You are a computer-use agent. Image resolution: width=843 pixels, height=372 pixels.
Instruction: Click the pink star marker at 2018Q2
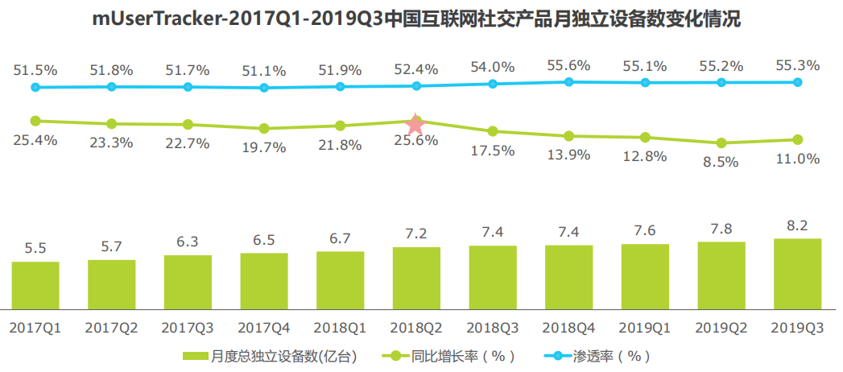[415, 125]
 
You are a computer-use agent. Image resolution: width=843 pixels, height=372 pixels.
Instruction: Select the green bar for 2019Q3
[797, 274]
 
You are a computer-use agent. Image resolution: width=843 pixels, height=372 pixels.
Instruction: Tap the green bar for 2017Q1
[35, 285]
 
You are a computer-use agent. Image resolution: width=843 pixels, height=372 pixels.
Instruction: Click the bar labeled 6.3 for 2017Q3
[188, 282]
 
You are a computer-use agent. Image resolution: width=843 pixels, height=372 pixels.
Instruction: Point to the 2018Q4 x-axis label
[569, 329]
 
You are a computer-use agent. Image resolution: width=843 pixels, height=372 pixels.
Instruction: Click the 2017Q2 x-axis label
[111, 329]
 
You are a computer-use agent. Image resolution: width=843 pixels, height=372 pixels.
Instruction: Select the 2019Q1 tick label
[645, 329]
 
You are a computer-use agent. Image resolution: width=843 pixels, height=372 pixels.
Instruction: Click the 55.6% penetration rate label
[568, 65]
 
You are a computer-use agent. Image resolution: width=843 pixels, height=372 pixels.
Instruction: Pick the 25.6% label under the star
[415, 140]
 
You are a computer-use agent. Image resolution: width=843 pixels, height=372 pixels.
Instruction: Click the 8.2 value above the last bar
[797, 225]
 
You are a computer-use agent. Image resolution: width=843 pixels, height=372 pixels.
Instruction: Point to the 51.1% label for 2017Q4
[263, 72]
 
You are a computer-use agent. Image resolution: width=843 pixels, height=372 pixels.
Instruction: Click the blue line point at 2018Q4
[568, 81]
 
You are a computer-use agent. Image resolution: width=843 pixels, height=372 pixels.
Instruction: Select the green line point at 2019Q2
[721, 143]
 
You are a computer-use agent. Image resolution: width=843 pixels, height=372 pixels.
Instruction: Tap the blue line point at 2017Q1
[35, 87]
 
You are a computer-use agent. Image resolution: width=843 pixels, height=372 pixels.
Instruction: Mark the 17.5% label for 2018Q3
[493, 150]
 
